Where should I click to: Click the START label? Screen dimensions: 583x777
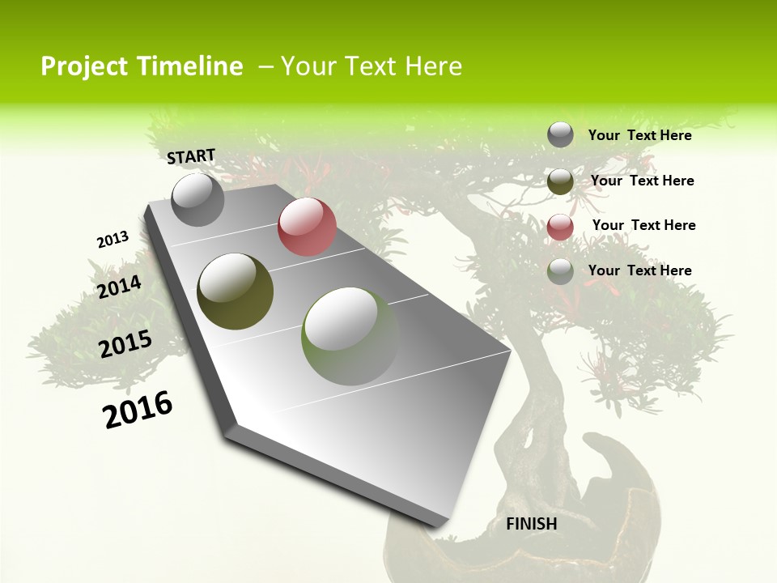pyautogui.click(x=191, y=156)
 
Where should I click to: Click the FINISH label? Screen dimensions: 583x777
pyautogui.click(x=532, y=524)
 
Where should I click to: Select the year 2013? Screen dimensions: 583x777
pyautogui.click(x=113, y=240)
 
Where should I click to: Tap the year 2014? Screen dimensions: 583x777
pyautogui.click(x=119, y=287)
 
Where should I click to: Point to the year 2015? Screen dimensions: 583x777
pyautogui.click(x=125, y=344)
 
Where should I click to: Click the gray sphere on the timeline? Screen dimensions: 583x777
pyautogui.click(x=197, y=199)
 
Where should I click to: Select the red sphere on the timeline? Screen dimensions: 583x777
pyautogui.click(x=307, y=227)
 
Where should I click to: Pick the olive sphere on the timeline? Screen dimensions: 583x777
pyautogui.click(x=235, y=291)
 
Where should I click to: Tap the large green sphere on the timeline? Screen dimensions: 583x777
pyautogui.click(x=350, y=336)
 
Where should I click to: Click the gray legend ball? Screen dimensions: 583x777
pyautogui.click(x=560, y=134)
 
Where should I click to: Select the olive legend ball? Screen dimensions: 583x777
pyautogui.click(x=560, y=181)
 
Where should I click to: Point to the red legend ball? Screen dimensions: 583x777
pyautogui.click(x=560, y=227)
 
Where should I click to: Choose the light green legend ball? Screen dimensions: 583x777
pyautogui.click(x=560, y=271)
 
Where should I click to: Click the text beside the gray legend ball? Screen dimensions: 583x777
pyautogui.click(x=639, y=135)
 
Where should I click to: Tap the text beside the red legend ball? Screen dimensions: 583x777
pyautogui.click(x=643, y=225)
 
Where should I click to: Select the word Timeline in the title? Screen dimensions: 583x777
pyautogui.click(x=194, y=66)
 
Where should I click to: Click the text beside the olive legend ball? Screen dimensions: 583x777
pyautogui.click(x=642, y=181)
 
